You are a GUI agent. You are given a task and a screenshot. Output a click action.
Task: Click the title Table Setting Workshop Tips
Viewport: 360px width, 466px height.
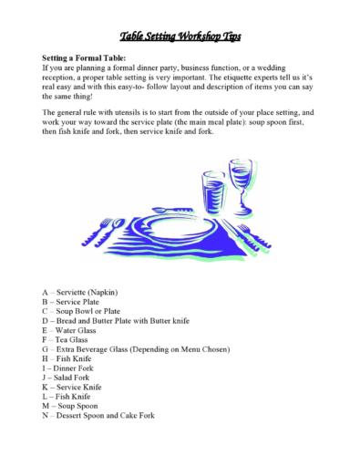(x=179, y=36)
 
